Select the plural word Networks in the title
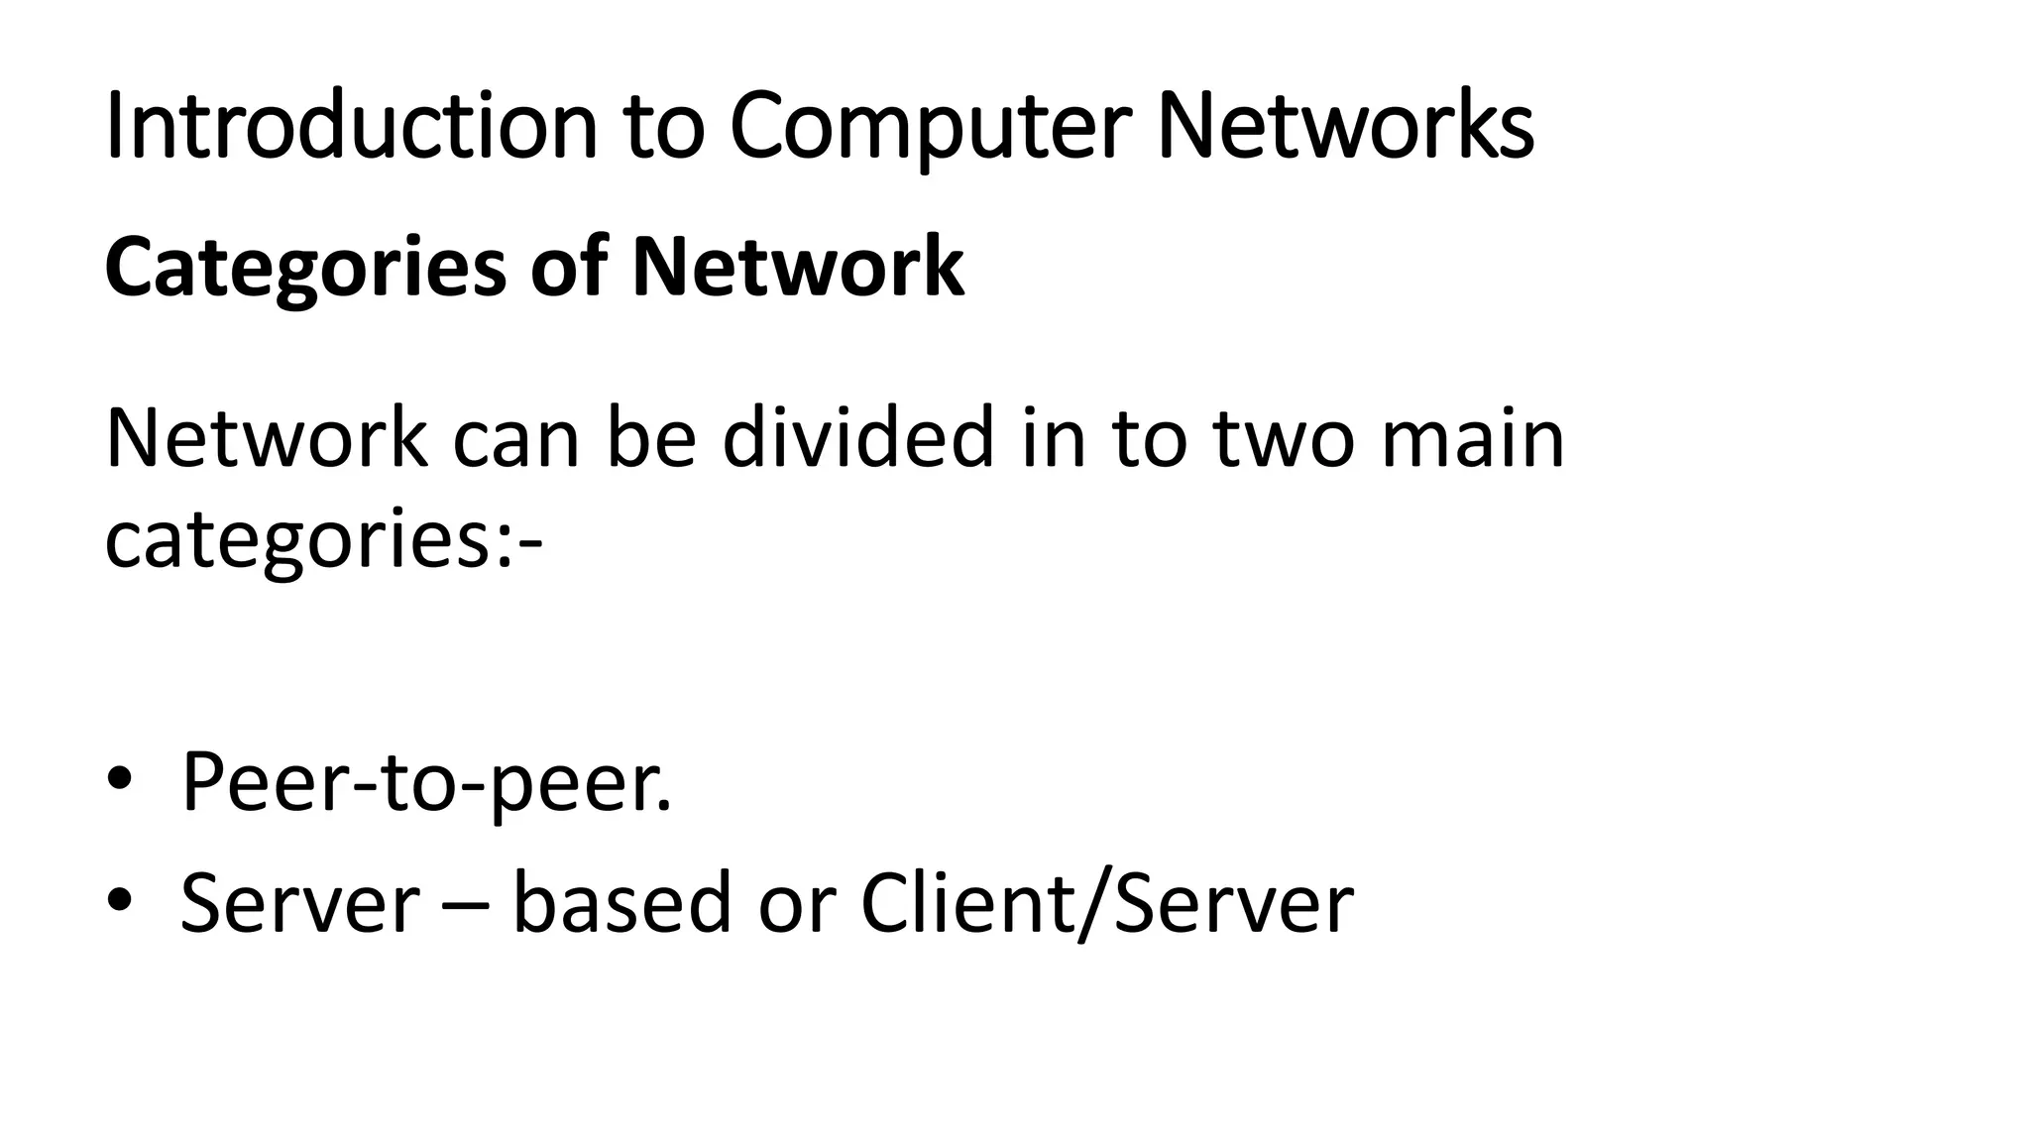tap(1345, 126)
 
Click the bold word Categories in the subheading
tap(305, 268)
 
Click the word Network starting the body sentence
tap(267, 437)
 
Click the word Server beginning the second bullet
tap(299, 903)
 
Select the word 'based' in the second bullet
tap(622, 901)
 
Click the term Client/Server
tap(1106, 903)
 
